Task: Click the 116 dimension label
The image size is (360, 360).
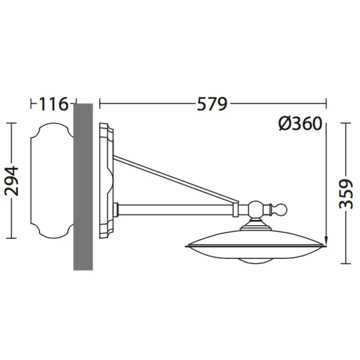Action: (54, 104)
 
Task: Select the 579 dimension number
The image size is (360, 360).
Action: (212, 104)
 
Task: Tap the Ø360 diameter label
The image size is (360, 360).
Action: (300, 124)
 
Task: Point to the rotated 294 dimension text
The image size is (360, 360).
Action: (12, 181)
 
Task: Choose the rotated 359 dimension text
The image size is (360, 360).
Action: (346, 194)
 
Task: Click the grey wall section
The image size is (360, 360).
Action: (83, 187)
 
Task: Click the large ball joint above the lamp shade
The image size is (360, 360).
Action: (255, 209)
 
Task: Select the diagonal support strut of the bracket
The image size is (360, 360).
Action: (176, 179)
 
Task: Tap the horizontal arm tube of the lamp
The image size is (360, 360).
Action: (175, 209)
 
